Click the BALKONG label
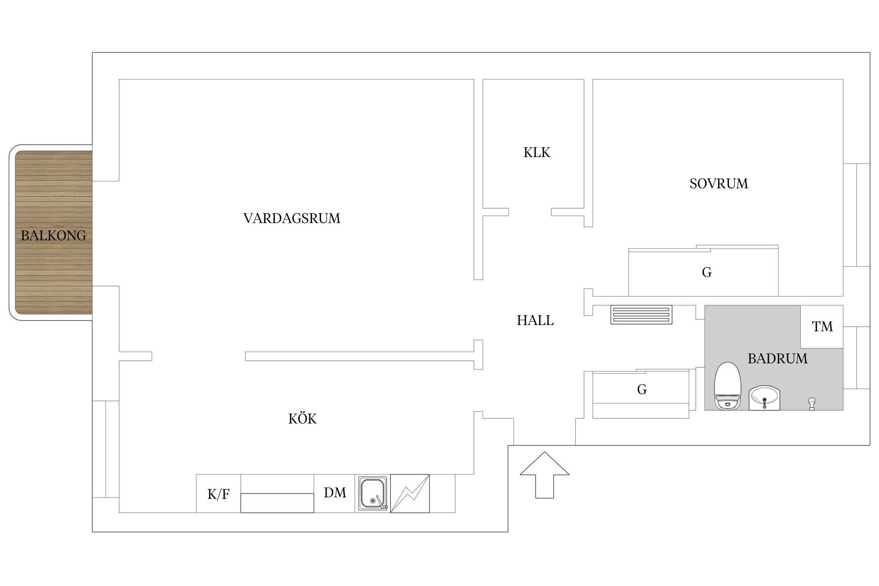point(54,236)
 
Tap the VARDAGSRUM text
point(291,218)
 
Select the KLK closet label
point(536,152)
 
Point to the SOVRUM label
point(718,184)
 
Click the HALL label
point(535,321)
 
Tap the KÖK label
point(302,419)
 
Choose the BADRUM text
point(777,359)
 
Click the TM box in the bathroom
point(822,327)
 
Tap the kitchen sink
point(373,493)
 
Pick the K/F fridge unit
point(218,494)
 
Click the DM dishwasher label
point(335,493)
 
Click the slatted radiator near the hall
point(641,315)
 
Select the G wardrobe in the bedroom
point(706,272)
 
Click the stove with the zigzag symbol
point(410,493)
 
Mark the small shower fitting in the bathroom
point(812,404)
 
